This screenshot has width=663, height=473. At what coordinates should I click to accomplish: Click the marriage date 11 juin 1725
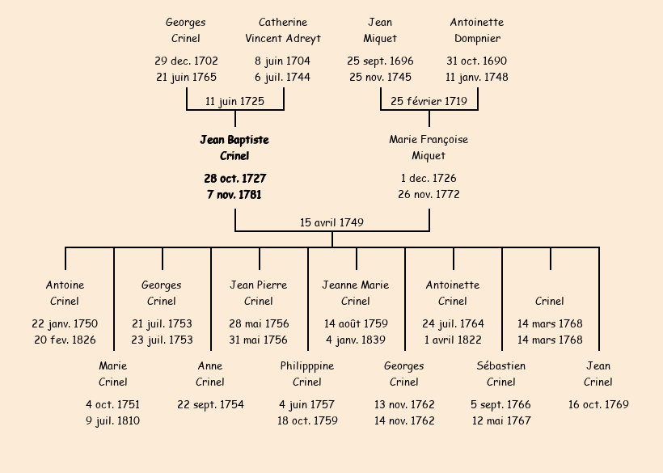pos(234,101)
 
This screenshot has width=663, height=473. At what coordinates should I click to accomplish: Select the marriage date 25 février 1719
pos(429,101)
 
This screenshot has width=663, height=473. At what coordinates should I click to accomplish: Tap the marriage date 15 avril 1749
pos(331,222)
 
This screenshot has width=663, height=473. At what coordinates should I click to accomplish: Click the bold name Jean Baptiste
pos(234,140)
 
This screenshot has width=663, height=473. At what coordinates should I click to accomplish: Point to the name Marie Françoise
pos(429,140)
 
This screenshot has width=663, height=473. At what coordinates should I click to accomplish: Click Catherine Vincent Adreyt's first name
pos(283,23)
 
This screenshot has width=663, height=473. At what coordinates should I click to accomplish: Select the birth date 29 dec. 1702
pos(186,61)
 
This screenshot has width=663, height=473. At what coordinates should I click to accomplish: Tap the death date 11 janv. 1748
pos(477,78)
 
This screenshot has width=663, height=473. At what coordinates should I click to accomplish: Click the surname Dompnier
pos(477,39)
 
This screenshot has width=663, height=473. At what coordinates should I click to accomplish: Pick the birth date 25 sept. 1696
pos(380,61)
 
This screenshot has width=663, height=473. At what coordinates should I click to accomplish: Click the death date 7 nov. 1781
pos(234,195)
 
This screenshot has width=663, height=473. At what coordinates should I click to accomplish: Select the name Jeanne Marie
pos(356,285)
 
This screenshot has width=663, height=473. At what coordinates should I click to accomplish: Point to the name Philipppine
pos(307,366)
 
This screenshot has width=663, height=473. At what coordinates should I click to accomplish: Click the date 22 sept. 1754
pos(210,405)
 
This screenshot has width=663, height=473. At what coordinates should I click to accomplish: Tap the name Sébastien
pos(501,366)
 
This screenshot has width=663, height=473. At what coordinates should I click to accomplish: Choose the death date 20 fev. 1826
pos(65,340)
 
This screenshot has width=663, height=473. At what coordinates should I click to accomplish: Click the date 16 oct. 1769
pos(598,405)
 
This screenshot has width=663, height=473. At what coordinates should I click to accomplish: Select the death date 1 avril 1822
pos(453,340)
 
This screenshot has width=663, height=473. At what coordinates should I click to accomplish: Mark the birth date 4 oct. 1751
pos(113,405)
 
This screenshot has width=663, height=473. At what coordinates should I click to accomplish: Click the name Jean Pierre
pos(259,285)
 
